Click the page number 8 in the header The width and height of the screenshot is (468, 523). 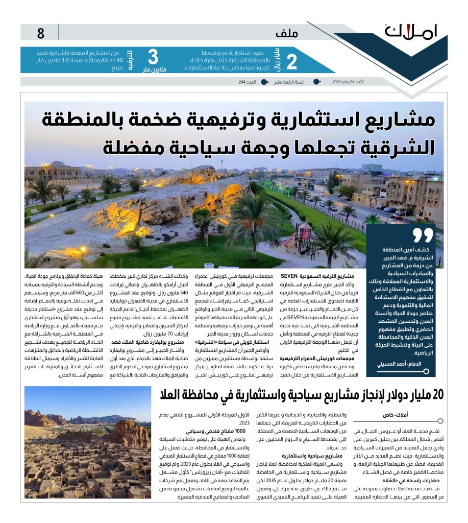tap(41, 34)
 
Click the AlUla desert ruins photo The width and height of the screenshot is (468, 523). tap(87, 450)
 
